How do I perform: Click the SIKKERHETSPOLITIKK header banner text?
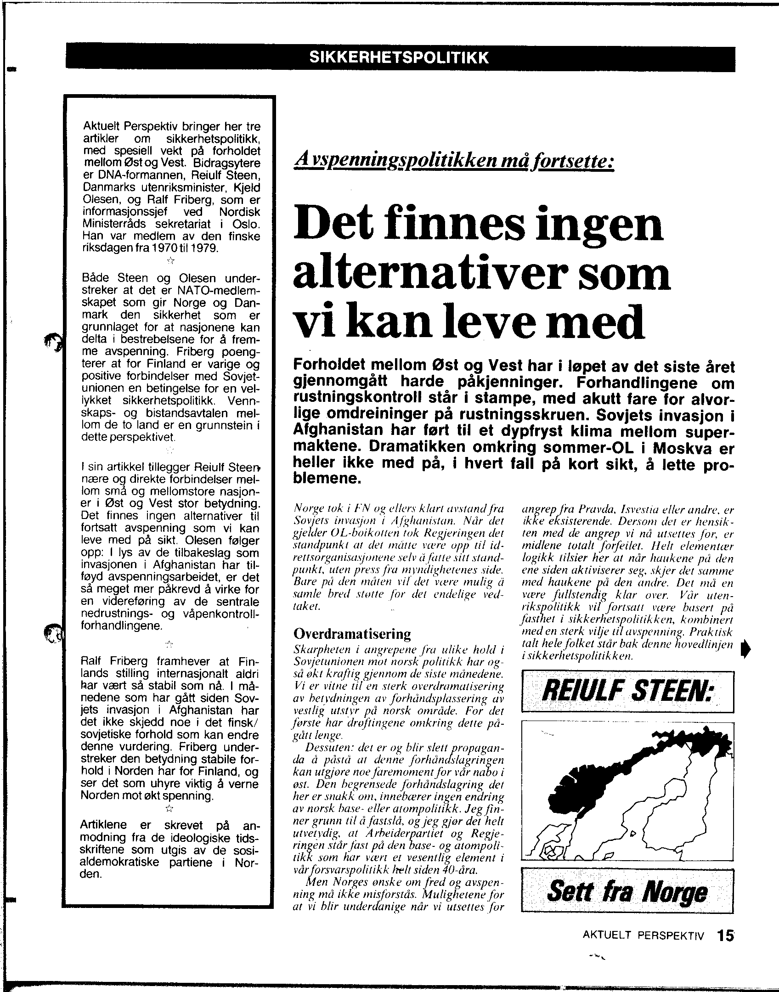pyautogui.click(x=398, y=57)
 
